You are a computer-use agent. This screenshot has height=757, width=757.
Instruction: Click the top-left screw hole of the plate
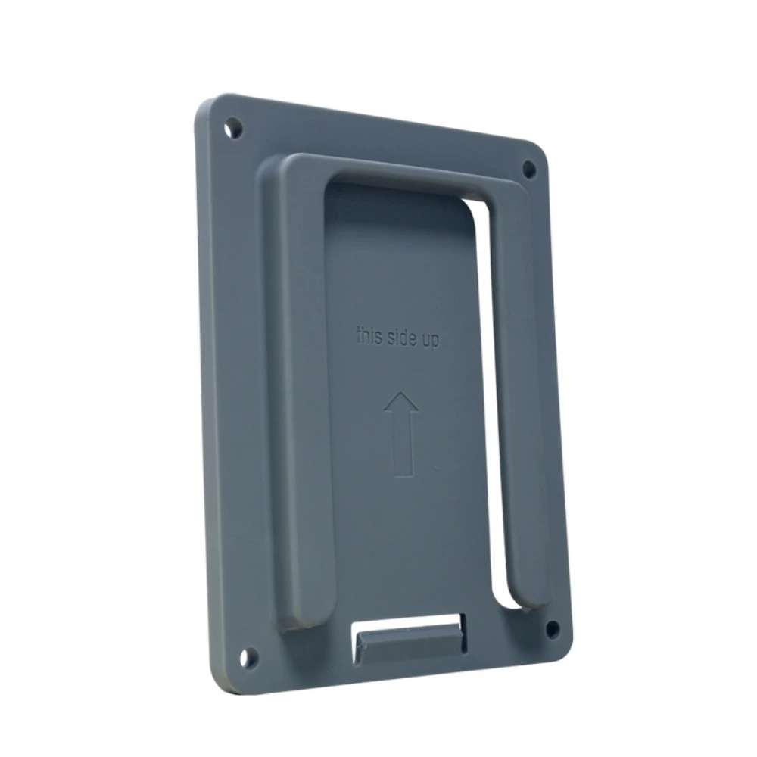(235, 127)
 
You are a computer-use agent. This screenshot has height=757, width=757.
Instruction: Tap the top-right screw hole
(529, 169)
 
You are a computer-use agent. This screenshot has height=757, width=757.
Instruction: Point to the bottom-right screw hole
(552, 628)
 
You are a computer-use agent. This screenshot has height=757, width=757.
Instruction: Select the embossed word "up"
(430, 341)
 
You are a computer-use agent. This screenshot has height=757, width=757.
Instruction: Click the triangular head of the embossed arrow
(401, 404)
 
